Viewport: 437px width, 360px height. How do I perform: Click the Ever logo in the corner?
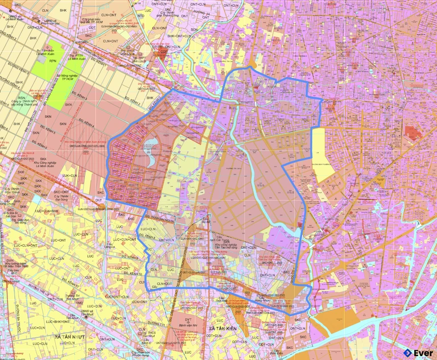click(x=418, y=352)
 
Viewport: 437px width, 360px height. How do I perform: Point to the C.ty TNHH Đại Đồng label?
click(x=62, y=196)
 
